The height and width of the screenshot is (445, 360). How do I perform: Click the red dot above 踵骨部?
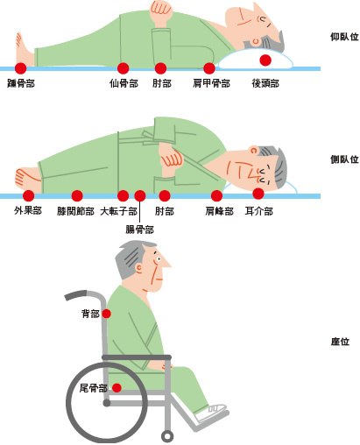(21, 68)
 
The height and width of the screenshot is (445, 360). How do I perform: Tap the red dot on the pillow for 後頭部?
(265, 60)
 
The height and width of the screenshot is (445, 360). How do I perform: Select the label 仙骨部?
(124, 83)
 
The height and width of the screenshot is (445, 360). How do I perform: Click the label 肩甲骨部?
(211, 83)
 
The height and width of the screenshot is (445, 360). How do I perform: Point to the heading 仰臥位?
(344, 37)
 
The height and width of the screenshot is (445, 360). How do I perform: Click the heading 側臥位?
(344, 159)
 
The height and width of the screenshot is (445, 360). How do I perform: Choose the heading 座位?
(340, 342)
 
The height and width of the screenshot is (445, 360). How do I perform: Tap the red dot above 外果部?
(28, 195)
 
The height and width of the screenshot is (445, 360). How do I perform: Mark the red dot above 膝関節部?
(77, 195)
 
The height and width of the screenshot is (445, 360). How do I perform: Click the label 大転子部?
(118, 211)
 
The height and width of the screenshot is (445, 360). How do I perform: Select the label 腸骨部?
(139, 230)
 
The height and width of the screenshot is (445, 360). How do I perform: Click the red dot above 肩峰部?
(216, 195)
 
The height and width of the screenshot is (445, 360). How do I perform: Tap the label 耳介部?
(258, 211)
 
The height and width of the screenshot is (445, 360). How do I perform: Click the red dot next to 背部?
(106, 314)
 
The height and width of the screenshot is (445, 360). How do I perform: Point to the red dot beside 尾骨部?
(116, 388)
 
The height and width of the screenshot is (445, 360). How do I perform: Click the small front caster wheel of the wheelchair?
(167, 436)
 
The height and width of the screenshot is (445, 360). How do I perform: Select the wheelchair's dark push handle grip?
(76, 295)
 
